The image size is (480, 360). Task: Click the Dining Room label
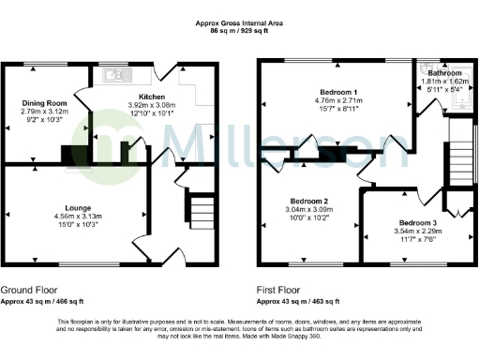click(44, 102)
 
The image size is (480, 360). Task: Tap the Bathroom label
click(443, 72)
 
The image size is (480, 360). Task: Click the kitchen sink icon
click(115, 73)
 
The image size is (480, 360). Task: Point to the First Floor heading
click(281, 291)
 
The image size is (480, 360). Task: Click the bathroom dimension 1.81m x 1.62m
click(443, 82)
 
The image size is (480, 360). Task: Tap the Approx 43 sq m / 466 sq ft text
click(42, 302)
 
